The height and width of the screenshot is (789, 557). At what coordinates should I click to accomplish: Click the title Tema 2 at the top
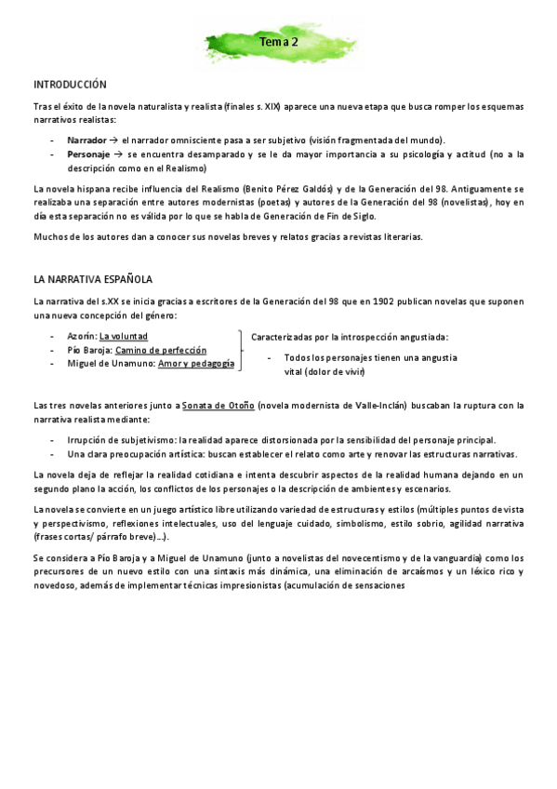279,42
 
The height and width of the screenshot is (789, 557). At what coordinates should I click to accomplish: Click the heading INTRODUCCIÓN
70,84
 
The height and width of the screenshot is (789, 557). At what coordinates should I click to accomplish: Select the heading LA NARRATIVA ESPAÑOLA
93,279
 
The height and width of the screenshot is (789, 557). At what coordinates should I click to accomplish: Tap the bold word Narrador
86,139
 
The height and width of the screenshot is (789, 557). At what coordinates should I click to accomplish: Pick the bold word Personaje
88,154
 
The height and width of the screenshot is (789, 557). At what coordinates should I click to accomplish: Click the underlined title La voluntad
124,335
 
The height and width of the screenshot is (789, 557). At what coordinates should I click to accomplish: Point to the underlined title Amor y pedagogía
195,364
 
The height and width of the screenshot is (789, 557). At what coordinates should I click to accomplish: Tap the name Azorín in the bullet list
81,335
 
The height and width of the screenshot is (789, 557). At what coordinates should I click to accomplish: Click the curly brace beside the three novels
242,350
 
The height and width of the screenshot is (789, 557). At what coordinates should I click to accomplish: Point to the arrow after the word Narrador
114,139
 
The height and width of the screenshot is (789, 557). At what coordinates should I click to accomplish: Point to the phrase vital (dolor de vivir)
325,372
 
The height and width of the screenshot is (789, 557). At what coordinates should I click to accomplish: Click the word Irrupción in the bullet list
89,439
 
